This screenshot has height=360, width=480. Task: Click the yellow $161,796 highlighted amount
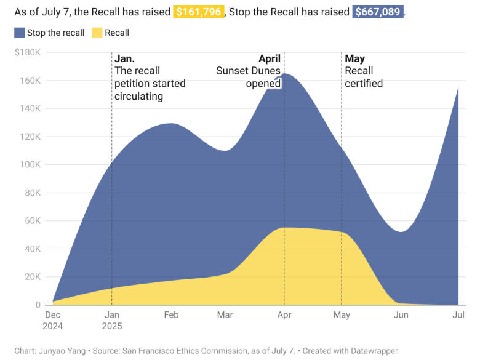click(198, 12)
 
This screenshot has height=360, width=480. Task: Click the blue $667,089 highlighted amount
click(378, 12)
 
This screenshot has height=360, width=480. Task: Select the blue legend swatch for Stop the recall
click(19, 33)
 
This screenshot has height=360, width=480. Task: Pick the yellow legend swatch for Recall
click(97, 33)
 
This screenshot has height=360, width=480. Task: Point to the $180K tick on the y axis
click(28, 52)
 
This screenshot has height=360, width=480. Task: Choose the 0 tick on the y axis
click(38, 305)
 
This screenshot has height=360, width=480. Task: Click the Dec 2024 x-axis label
click(53, 321)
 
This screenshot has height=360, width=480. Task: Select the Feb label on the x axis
click(171, 315)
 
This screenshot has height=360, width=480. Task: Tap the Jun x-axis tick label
click(401, 315)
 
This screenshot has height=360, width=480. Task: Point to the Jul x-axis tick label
click(458, 315)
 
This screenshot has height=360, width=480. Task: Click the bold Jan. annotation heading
click(125, 59)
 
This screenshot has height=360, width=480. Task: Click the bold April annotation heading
click(269, 59)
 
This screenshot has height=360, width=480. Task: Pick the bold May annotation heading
click(354, 59)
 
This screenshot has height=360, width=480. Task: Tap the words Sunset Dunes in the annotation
click(248, 71)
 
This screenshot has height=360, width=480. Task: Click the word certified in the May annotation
click(364, 84)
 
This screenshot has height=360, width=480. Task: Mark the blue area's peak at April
click(285, 74)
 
